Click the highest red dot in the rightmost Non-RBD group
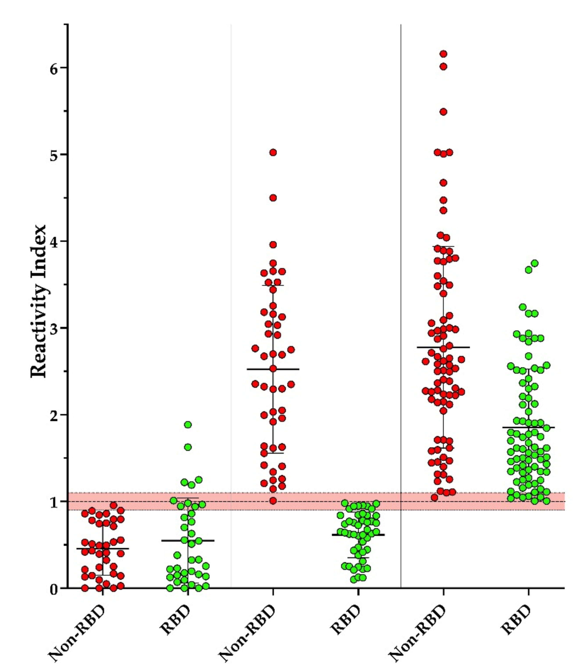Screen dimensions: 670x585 pyautogui.click(x=443, y=54)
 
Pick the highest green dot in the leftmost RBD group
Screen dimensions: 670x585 pyautogui.click(x=188, y=425)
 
